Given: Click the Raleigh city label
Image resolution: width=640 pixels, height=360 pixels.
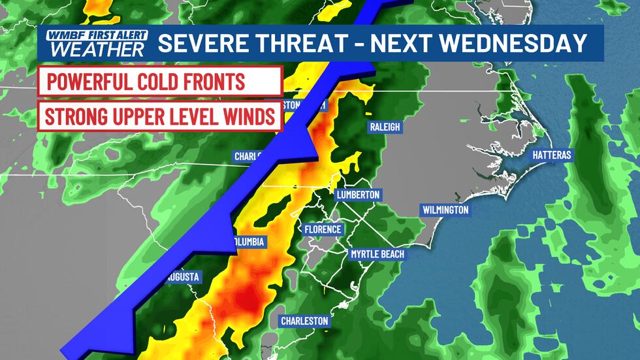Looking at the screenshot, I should point(384,127).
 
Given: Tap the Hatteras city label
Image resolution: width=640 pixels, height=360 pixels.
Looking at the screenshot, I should point(552,155).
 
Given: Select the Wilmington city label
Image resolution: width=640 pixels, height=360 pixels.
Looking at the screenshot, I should point(445,210).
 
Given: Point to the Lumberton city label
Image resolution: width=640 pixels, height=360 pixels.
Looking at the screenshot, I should point(357,195).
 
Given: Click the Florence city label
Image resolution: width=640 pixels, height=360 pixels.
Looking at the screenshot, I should point(323,229).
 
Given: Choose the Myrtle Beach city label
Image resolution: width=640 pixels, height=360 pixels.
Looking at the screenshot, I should point(377,254).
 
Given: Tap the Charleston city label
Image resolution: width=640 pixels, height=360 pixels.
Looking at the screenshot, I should point(304,321).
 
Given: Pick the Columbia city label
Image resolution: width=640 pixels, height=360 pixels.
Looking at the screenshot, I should point(249,242).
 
